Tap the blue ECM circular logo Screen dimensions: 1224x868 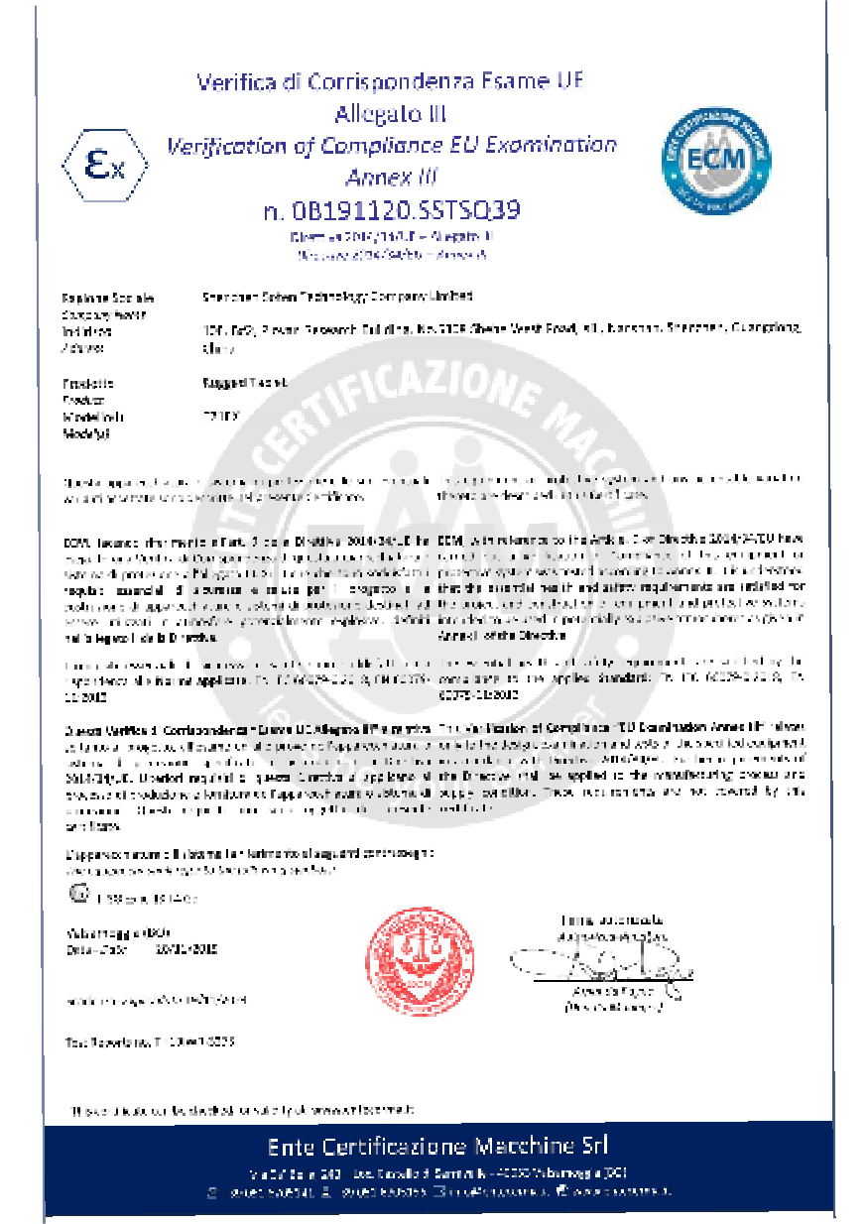(x=716, y=159)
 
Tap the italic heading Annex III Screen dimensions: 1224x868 (x=391, y=178)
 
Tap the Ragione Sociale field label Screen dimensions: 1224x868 (x=94, y=298)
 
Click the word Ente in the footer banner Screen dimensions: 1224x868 (x=289, y=1147)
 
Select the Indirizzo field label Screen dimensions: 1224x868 (x=85, y=330)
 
